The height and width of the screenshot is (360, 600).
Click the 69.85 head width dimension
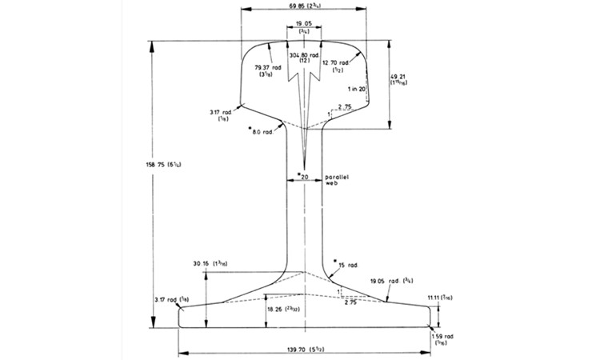tap(302, 6)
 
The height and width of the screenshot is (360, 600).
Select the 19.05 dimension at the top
tap(303, 24)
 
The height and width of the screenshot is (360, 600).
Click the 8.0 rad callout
tap(262, 131)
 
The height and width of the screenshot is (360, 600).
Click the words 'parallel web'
tap(334, 179)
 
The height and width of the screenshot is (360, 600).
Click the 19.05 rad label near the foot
tap(388, 281)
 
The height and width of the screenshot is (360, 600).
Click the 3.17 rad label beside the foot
tap(172, 299)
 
